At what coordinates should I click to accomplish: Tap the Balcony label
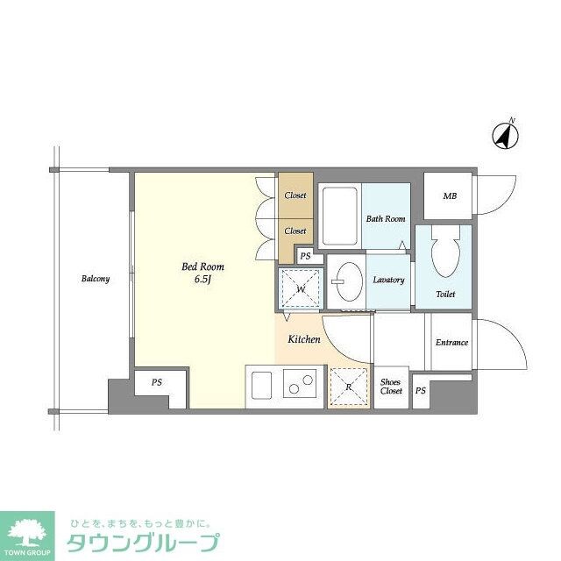[96, 279]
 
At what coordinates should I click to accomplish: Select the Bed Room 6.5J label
[203, 273]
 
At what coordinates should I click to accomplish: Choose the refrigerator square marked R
[348, 387]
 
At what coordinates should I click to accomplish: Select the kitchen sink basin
[261, 385]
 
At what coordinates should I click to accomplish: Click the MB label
[449, 195]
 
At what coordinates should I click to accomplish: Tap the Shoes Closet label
[391, 386]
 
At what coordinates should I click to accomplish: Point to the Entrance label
[451, 342]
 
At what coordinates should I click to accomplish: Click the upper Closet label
[295, 195]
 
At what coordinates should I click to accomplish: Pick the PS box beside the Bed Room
[157, 382]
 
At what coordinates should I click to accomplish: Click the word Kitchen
[304, 339]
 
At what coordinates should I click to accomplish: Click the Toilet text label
[445, 294]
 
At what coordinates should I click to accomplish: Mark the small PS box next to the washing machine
[304, 256]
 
